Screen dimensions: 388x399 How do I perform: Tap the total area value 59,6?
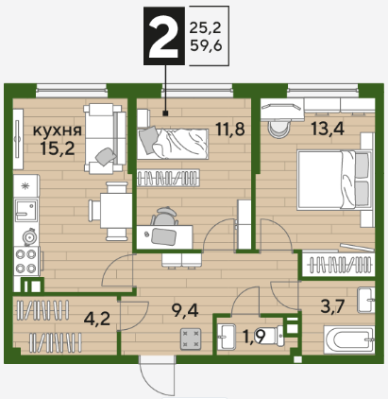[206, 46]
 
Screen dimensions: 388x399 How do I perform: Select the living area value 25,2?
[205, 28]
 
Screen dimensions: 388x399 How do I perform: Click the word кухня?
[58, 130]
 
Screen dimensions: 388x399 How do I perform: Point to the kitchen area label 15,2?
[58, 148]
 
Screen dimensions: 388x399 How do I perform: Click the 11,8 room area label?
[230, 129]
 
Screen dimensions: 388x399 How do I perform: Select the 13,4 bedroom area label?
[328, 129]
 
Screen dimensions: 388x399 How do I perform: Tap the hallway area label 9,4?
[185, 311]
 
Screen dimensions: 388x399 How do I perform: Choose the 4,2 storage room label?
[97, 319]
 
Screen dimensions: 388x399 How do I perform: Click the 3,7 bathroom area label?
[333, 306]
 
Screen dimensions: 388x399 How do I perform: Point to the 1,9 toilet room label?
[255, 337]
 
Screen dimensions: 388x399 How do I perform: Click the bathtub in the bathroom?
[349, 340]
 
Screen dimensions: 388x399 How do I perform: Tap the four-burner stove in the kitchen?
[26, 261]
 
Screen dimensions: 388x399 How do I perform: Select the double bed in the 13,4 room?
[334, 180]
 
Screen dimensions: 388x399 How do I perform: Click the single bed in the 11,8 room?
[173, 144]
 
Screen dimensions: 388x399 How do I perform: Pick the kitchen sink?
[26, 210]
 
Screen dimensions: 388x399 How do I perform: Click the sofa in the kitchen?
[103, 139]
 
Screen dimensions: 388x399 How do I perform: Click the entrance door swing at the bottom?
[158, 375]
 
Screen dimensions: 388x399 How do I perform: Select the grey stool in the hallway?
[191, 339]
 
